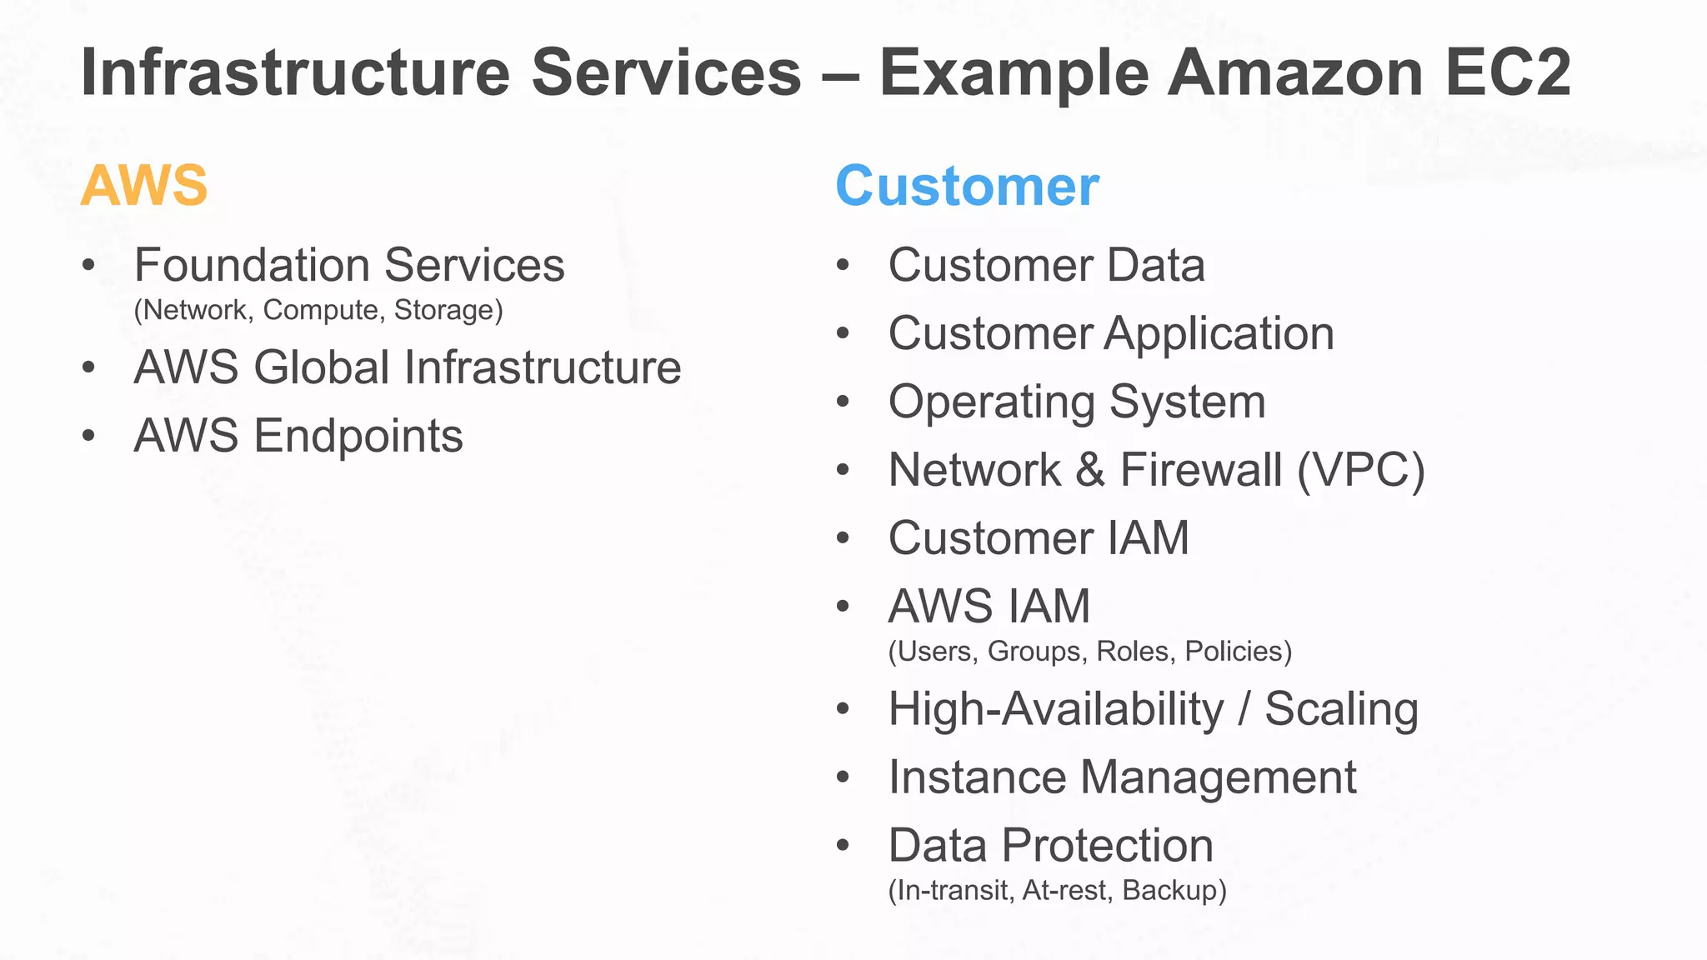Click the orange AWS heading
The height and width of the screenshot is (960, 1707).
[144, 185]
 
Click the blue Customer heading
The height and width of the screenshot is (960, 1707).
[967, 186]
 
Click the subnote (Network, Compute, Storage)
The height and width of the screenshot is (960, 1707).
[318, 310]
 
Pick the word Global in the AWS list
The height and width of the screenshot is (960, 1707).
[322, 367]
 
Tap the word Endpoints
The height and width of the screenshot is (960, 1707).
[358, 436]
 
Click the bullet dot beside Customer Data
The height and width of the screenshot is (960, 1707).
[843, 266]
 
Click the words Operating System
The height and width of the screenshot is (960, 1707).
[1077, 402]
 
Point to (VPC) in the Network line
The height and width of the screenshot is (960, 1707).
[1361, 470]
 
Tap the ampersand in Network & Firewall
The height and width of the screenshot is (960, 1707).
[1089, 470]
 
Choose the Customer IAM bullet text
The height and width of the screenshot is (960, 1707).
[1039, 538]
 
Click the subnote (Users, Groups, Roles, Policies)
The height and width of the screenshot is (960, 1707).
[1090, 652]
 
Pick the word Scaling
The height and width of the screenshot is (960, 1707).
[1341, 709]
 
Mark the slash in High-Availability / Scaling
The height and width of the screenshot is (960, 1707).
[1244, 709]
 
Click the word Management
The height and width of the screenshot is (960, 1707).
[1219, 777]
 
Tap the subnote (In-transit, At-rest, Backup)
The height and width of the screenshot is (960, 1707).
[1057, 891]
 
